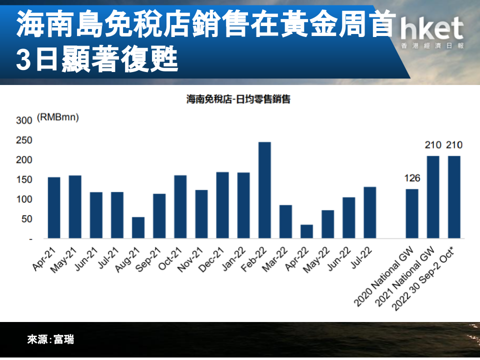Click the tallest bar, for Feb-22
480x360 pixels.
pyautogui.click(x=264, y=190)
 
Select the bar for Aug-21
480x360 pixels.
pyautogui.click(x=138, y=228)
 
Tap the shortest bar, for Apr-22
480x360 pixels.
pyautogui.click(x=306, y=231)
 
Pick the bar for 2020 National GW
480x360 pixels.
pyautogui.click(x=412, y=213)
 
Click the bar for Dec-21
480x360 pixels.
pyautogui.click(x=222, y=205)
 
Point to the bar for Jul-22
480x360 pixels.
pyautogui.click(x=370, y=213)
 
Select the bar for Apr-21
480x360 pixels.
pyautogui.click(x=54, y=208)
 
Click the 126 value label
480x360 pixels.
pyautogui.click(x=412, y=178)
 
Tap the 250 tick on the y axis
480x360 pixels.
pyautogui.click(x=24, y=140)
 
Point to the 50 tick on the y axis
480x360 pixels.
pyautogui.click(x=27, y=219)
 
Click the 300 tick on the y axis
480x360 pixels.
pyautogui.click(x=24, y=120)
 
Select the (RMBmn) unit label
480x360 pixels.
pyautogui.click(x=58, y=117)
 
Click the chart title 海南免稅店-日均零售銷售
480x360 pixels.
pyautogui.click(x=238, y=99)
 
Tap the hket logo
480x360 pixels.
pyautogui.click(x=432, y=32)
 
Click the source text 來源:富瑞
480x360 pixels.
pyautogui.click(x=50, y=339)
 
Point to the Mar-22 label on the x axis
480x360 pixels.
pyautogui.click(x=275, y=259)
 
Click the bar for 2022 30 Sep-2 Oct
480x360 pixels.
pyautogui.click(x=454, y=197)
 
